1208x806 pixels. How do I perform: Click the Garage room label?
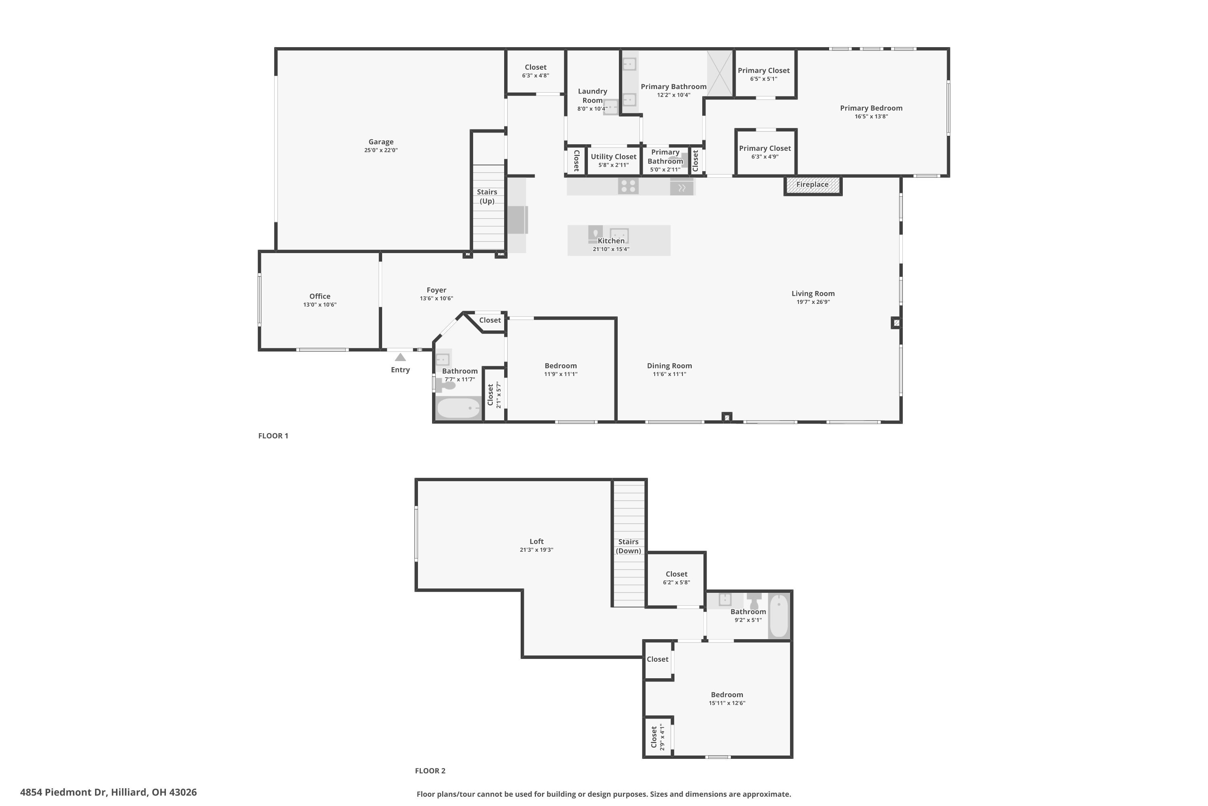tap(381, 142)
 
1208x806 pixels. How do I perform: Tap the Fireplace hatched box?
tap(812, 185)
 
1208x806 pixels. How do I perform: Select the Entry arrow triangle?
tap(400, 357)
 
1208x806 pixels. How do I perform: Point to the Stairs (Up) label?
tap(487, 196)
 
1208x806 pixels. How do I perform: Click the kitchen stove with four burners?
tap(628, 186)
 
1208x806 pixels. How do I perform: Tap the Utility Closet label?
tap(613, 157)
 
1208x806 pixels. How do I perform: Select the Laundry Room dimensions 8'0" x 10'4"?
tap(592, 109)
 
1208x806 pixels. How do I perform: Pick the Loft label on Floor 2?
tap(536, 541)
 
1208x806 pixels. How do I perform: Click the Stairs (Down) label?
tap(628, 546)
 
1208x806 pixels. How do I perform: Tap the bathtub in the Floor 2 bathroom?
tap(779, 616)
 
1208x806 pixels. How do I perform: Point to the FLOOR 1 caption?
tap(273, 436)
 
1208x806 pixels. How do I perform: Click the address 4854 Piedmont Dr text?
tap(108, 792)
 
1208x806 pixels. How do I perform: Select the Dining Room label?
tap(669, 366)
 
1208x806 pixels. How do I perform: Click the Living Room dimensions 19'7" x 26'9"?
tap(813, 302)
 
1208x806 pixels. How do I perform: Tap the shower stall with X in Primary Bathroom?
tap(720, 73)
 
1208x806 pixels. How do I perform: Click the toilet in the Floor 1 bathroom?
tap(447, 384)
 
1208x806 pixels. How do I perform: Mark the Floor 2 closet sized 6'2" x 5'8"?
tap(676, 578)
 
